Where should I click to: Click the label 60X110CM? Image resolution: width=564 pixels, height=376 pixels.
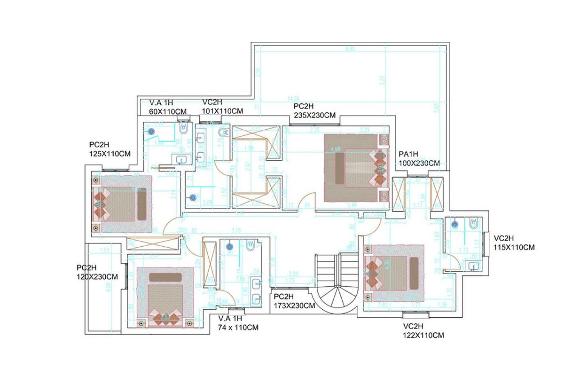(168, 111)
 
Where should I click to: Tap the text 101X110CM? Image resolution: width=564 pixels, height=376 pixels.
(222, 111)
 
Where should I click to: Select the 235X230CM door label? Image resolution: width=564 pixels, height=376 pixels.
(314, 115)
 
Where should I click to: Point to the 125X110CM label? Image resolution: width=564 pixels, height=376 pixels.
(110, 153)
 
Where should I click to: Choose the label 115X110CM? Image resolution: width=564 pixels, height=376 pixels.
(514, 247)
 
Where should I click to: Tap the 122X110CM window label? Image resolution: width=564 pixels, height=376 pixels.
(423, 336)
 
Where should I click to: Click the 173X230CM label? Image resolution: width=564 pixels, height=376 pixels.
(294, 305)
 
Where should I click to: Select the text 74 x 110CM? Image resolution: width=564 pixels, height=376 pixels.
(238, 327)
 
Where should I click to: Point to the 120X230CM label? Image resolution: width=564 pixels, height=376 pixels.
(97, 277)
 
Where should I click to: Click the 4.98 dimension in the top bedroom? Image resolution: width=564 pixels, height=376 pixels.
(336, 149)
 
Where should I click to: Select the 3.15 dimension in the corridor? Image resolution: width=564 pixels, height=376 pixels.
(236, 230)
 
